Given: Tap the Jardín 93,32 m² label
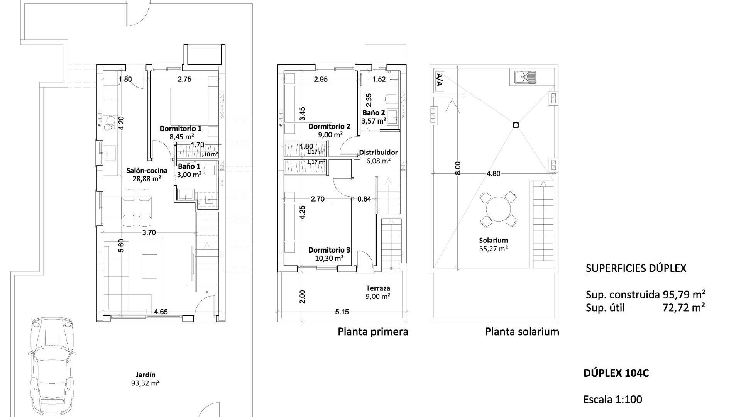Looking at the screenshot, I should click(145, 379).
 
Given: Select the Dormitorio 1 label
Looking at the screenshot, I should click(181, 132).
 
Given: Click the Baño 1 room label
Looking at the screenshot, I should click(189, 170).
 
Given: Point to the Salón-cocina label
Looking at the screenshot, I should click(147, 174).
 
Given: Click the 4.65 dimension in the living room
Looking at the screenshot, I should click(161, 312).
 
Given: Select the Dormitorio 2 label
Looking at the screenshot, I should click(329, 130).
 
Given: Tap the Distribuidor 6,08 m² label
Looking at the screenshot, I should click(378, 156).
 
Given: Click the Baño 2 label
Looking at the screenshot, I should click(374, 117).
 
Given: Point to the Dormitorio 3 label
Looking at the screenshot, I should click(329, 254).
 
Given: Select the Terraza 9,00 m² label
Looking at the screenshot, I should click(378, 292).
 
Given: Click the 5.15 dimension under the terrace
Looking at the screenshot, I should click(342, 312).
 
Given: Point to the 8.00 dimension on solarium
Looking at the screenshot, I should click(458, 169).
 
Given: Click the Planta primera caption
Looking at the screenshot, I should click(373, 332).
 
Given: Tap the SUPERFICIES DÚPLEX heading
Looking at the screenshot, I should click(636, 268).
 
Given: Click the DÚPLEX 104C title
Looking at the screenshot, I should click(616, 373).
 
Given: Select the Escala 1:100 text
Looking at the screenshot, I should click(612, 399).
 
